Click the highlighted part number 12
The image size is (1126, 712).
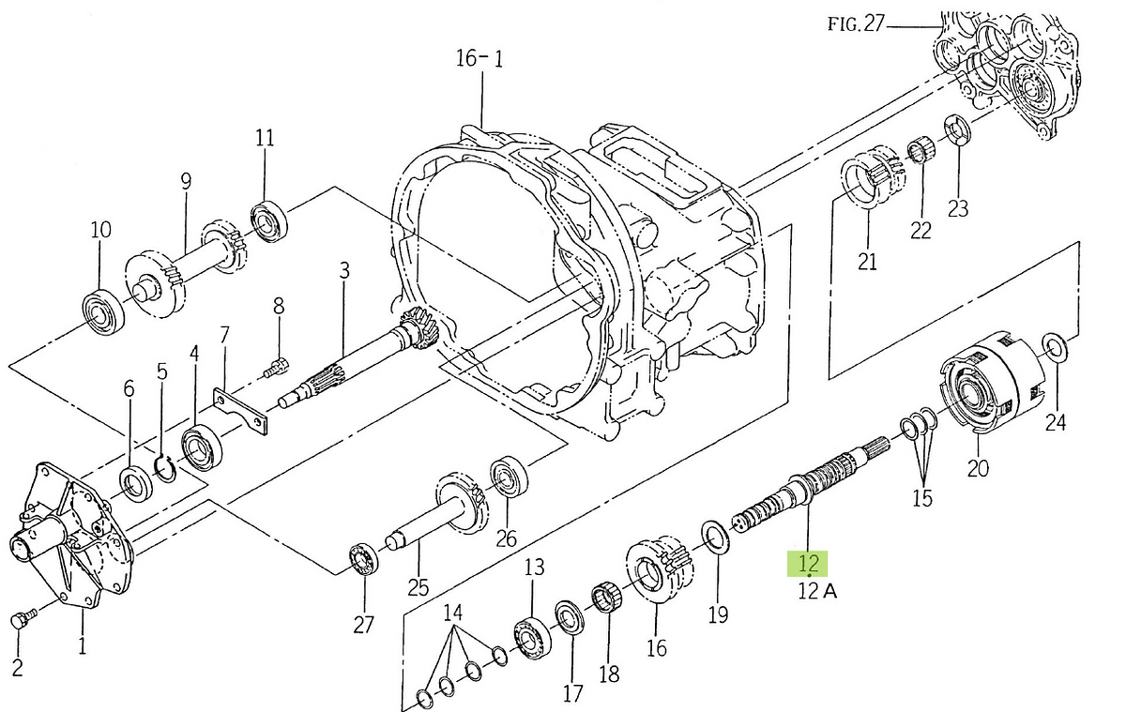tap(809, 564)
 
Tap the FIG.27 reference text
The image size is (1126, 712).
tap(856, 24)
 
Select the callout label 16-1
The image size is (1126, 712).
tap(479, 59)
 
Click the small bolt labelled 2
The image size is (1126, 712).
tap(23, 620)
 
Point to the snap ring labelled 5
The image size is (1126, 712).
tap(165, 468)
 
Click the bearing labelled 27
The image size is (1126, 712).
tap(363, 562)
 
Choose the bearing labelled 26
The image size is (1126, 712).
tap(508, 476)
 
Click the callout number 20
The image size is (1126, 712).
tap(978, 467)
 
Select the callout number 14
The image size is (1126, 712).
tap(453, 614)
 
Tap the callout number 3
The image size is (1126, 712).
tap(344, 271)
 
